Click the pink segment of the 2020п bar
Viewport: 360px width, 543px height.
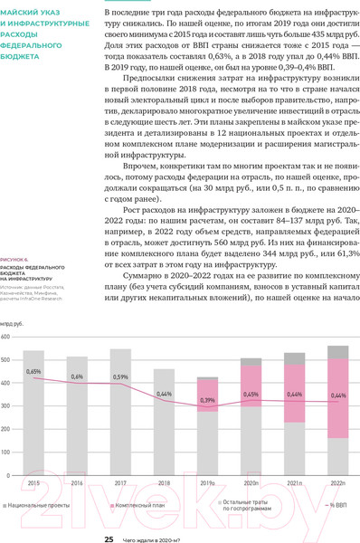[251, 389]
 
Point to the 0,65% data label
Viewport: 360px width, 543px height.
[33, 372]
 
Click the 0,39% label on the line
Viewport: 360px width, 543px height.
[207, 399]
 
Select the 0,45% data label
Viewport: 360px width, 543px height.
[251, 395]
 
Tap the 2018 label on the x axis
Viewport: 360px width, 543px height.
[164, 484]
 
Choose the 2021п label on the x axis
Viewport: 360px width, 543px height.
[294, 484]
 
